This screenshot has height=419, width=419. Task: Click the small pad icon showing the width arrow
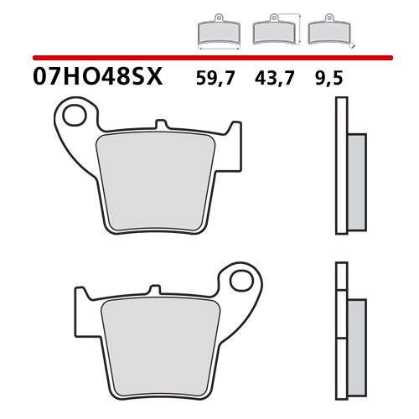[x=218, y=33]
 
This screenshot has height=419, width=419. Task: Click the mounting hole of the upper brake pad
[x=75, y=114]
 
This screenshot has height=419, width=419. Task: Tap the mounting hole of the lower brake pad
[x=243, y=280]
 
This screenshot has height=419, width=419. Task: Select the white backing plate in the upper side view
[x=340, y=168]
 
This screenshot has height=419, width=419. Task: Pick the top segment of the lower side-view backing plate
[x=340, y=274]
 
